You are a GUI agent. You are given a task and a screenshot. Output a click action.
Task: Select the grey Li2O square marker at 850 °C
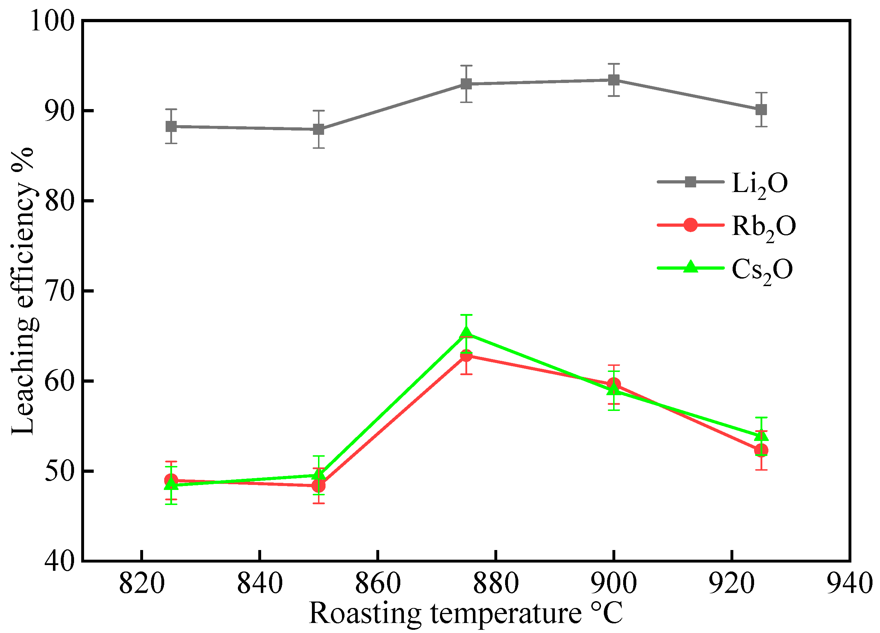[x=319, y=129]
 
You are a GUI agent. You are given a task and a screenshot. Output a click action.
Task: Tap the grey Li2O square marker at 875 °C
[x=466, y=84]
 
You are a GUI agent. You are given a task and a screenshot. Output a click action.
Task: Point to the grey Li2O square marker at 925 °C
[x=761, y=110]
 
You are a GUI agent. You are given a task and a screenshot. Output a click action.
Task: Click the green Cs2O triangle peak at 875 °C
[x=466, y=332]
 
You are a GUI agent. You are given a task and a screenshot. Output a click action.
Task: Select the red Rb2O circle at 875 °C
[x=466, y=355]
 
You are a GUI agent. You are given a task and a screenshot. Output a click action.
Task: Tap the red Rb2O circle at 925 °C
[x=761, y=450]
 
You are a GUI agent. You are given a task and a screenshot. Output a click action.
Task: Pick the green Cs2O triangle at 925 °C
[x=761, y=436]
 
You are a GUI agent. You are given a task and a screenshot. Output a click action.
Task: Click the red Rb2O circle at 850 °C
[x=319, y=485]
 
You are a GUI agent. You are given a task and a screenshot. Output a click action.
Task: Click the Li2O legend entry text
[x=760, y=183]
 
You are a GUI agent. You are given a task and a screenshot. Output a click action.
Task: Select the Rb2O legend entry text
[x=764, y=226]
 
